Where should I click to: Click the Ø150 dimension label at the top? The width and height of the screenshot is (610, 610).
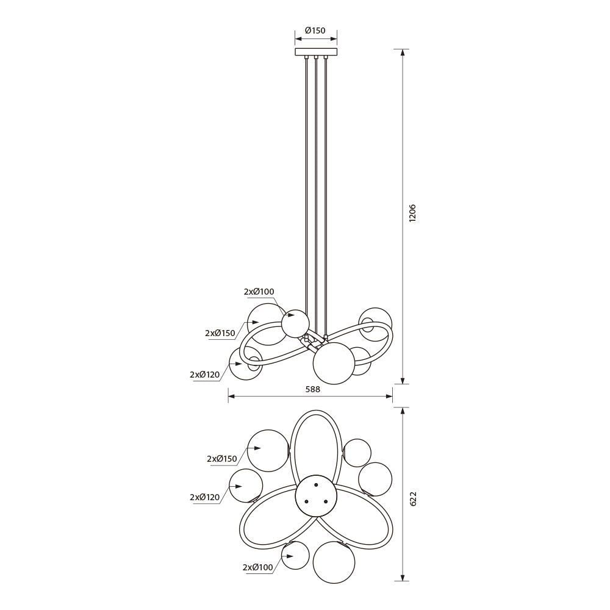[x=315, y=30]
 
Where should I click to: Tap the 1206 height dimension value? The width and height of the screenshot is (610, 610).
[x=413, y=213]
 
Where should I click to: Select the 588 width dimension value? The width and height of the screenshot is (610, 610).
[x=312, y=389]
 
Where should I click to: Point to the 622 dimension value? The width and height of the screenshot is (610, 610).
[x=413, y=499]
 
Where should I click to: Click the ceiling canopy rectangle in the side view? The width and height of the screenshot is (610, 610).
[x=316, y=52]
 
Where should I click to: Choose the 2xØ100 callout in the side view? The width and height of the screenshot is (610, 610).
[x=259, y=292]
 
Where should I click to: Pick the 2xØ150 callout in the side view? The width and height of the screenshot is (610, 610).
[x=220, y=333]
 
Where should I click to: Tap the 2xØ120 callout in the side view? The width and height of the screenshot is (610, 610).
[x=205, y=375]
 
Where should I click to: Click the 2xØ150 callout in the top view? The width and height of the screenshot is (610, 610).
[x=222, y=459]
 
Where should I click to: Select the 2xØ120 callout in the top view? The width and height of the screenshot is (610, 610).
[x=205, y=497]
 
